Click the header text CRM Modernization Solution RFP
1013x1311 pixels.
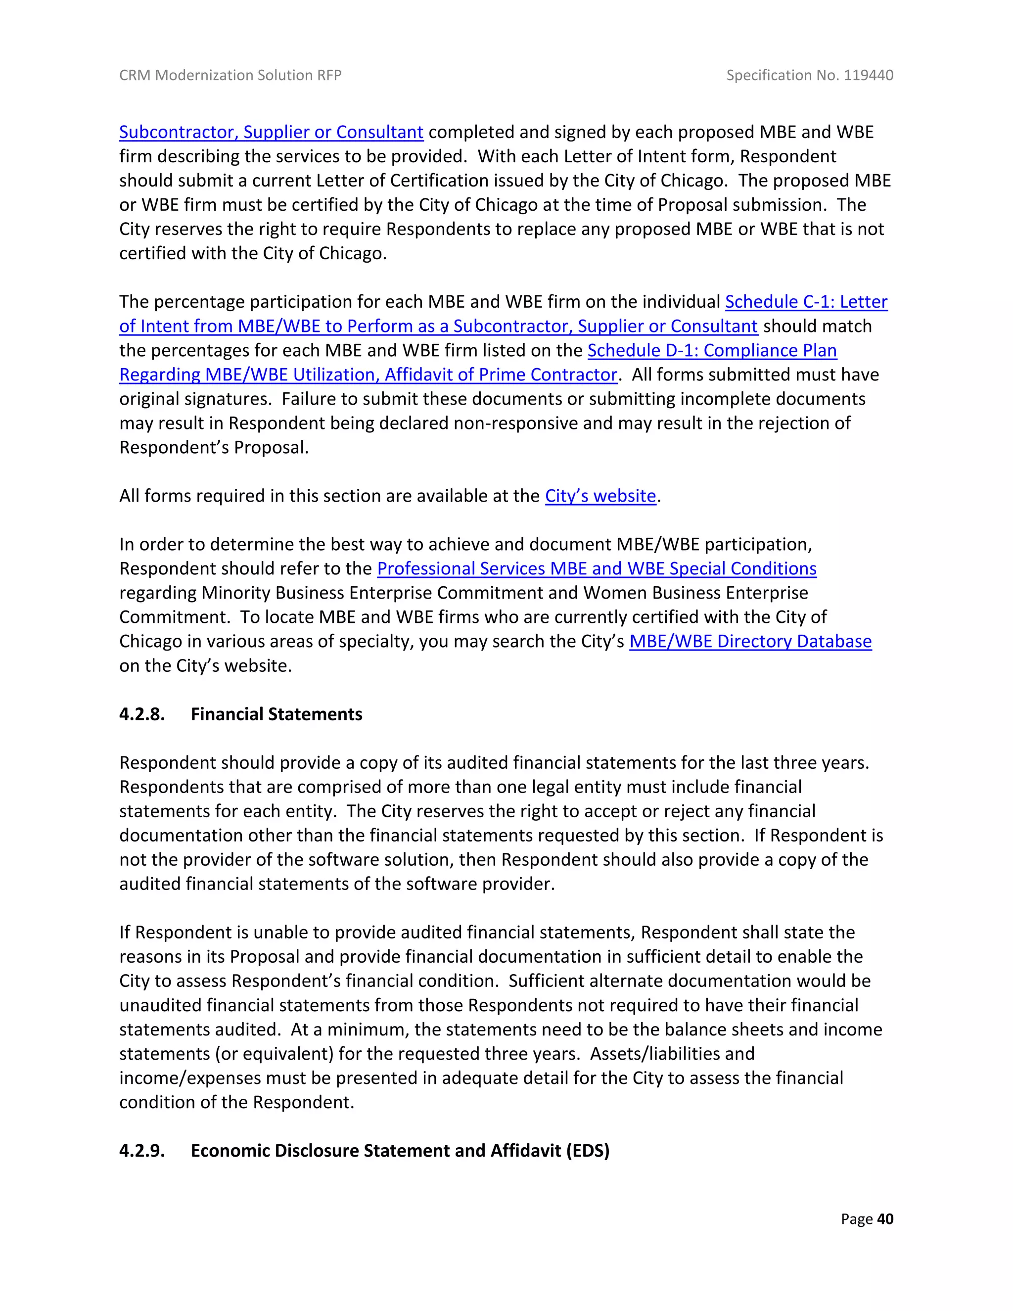(x=230, y=75)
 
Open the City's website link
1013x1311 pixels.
(x=600, y=496)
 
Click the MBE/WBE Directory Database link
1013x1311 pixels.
(x=750, y=641)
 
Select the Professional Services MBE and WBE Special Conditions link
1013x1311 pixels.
(x=597, y=568)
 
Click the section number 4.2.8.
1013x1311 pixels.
(x=141, y=714)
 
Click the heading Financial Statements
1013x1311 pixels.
(x=276, y=714)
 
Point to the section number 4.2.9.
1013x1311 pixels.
(x=141, y=1150)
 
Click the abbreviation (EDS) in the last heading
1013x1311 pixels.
(x=588, y=1150)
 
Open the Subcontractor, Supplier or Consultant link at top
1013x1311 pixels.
(x=271, y=132)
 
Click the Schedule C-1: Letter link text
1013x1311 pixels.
(x=806, y=301)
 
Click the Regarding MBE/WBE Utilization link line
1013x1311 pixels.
(x=368, y=375)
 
